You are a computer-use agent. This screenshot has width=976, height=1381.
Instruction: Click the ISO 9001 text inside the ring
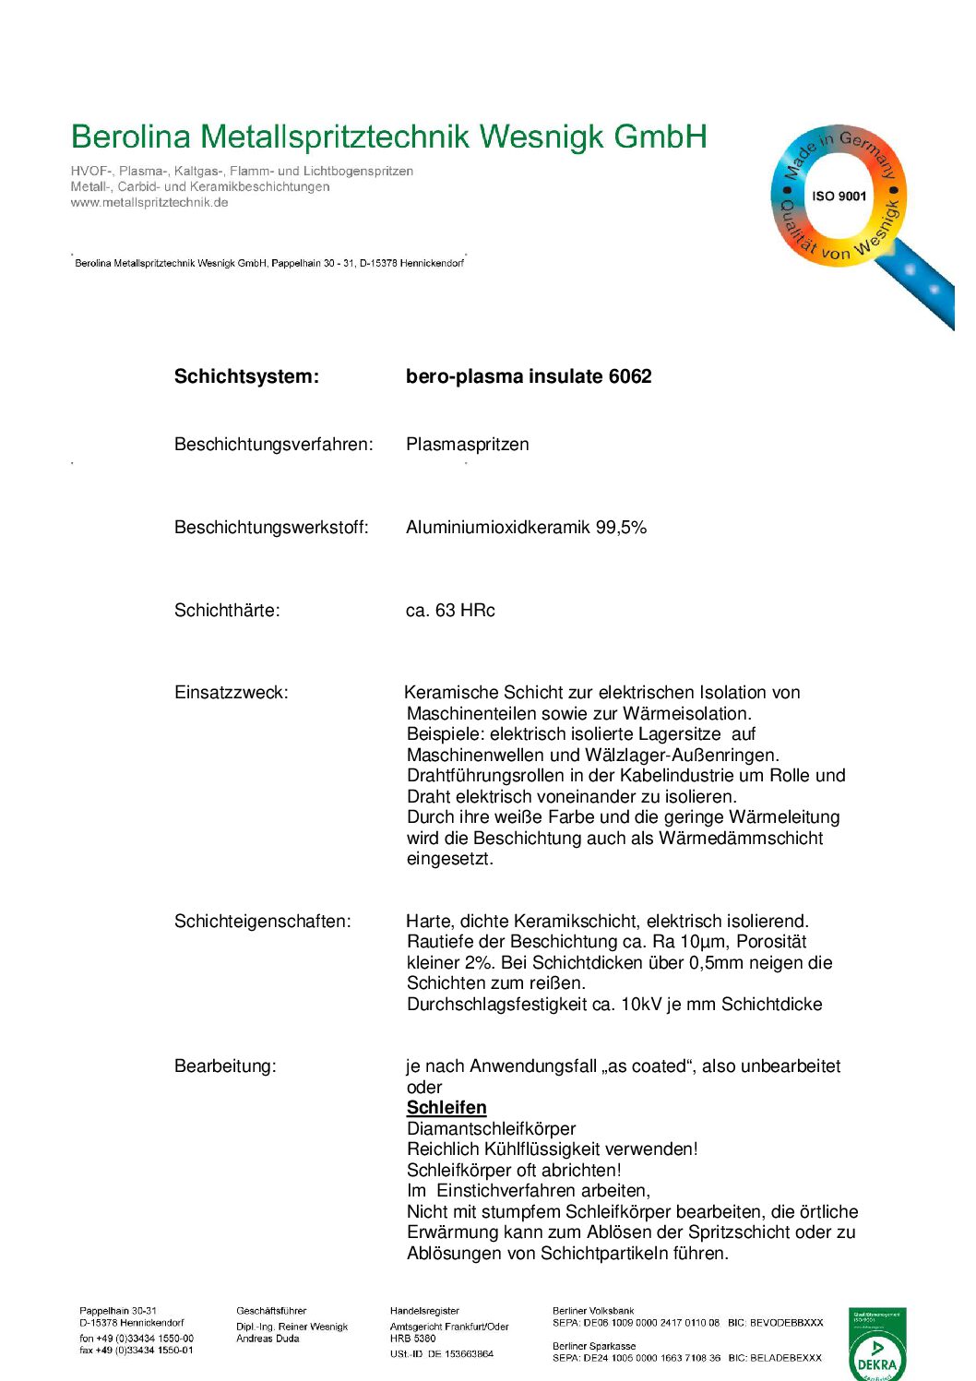coord(839,196)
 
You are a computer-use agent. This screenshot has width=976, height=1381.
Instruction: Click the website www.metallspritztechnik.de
coord(149,203)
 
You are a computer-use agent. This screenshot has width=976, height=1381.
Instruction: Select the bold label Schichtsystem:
coord(246,376)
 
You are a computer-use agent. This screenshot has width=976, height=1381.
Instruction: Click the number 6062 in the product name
coord(630,376)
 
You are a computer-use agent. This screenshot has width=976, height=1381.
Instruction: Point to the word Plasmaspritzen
coord(468,445)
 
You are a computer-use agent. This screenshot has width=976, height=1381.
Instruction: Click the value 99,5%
coord(621,528)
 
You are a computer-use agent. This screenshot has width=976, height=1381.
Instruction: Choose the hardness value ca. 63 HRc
coord(450,611)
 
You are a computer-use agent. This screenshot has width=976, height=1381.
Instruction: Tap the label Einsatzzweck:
coord(231,693)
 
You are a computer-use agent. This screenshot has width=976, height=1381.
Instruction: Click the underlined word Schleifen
coord(446,1108)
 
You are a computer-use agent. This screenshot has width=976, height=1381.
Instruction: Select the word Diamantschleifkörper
coord(491,1129)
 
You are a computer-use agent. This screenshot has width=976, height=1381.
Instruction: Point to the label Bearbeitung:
coord(225,1066)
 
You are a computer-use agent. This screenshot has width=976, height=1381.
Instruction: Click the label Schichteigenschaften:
coord(263,922)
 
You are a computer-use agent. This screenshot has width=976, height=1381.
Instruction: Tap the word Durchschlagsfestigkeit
coord(497,1005)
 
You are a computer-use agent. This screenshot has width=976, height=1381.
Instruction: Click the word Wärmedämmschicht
coord(741,839)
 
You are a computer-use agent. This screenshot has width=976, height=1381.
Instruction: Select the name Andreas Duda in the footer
coord(268,1339)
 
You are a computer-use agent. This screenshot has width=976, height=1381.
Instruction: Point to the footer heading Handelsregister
coord(424,1311)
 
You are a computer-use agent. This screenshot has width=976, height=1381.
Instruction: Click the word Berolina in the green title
coord(131,137)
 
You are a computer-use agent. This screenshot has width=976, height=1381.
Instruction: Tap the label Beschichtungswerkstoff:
coord(271,528)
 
